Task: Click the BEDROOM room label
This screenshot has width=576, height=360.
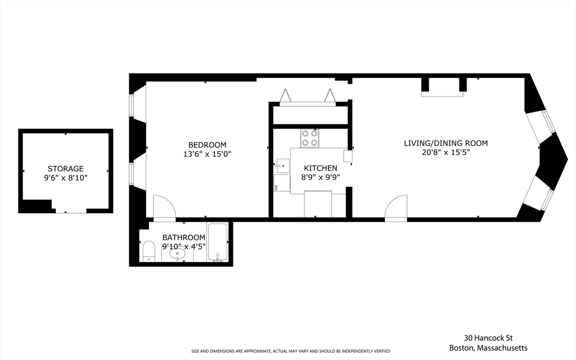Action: point(207,145)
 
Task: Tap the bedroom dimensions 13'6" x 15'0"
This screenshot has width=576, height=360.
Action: point(207,154)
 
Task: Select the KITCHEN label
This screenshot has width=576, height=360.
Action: point(321,168)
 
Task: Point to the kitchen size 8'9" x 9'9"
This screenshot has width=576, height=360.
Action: point(321,177)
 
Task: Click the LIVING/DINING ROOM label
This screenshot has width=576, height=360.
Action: point(445,143)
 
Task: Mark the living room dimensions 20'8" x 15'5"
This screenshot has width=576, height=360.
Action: point(445,152)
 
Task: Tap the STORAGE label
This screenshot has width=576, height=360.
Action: point(65,168)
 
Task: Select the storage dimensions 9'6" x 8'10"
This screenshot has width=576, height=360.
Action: point(65,177)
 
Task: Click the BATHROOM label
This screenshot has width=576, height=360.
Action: point(184,237)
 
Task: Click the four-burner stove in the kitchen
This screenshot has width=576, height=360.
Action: point(308,138)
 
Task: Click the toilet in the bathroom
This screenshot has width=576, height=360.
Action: point(148,251)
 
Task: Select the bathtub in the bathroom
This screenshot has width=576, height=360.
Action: point(217,242)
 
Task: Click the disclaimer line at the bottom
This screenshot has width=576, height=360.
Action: point(290,351)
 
